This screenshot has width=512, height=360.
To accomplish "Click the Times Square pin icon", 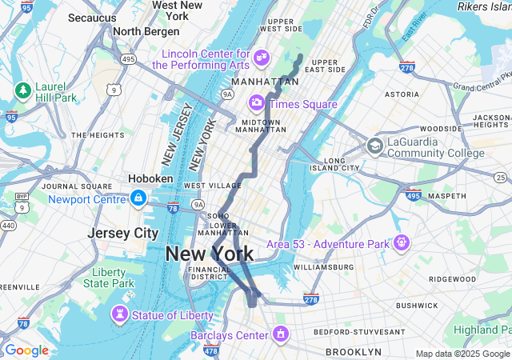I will point(257,102).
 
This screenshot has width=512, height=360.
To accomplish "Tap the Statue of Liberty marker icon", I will point(119,314).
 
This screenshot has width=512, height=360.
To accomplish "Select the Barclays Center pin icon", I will point(280,333).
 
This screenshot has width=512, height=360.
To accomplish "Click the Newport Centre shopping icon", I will point(138,197).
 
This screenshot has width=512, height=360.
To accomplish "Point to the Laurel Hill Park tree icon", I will point(22,90).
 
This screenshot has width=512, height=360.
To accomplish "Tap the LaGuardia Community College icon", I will point(374,146).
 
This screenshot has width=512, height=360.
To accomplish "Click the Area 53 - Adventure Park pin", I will point(401,242).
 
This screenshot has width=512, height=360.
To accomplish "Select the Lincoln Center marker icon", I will point(261,58).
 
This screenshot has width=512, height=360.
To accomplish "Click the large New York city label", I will point(209,254).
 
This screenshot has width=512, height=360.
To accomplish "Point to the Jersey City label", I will point(123,233).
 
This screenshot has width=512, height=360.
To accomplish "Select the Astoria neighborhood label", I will point(402,94).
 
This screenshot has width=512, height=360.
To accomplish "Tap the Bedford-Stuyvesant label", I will point(360,331).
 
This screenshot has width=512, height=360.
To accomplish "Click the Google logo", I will point(26,350).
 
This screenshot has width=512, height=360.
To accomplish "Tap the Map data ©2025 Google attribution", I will point(462,354).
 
